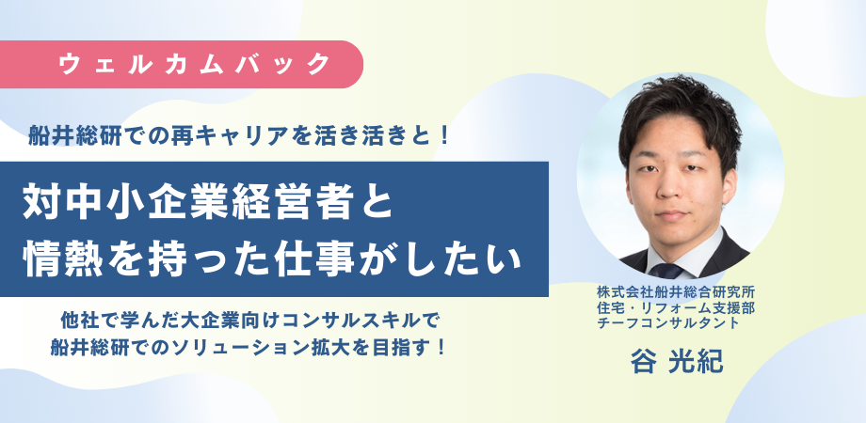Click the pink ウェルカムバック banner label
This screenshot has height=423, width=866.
(x=193, y=64)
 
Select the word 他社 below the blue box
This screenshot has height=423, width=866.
(x=76, y=319)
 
